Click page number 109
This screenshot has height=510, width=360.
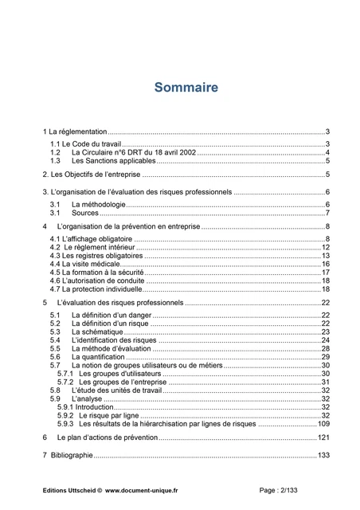tap(323, 424)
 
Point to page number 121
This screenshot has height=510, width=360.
tap(323, 438)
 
